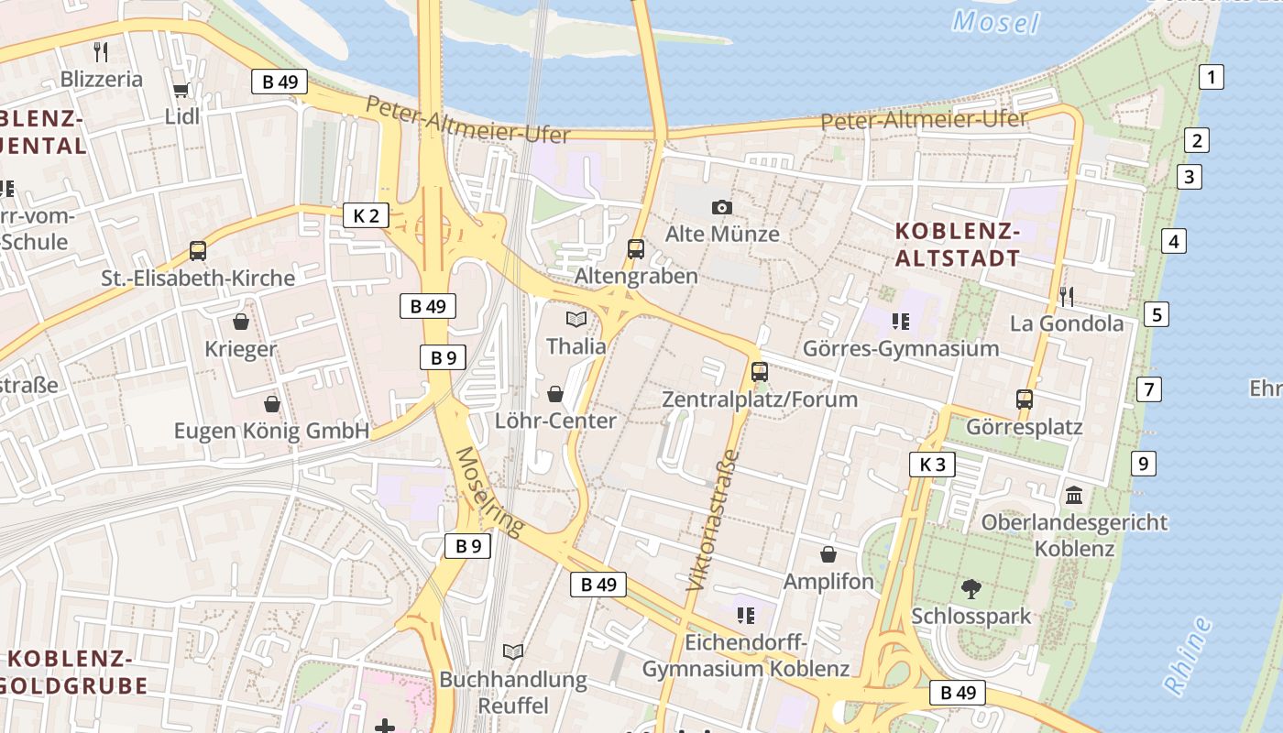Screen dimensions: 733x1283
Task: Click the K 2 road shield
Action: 366,215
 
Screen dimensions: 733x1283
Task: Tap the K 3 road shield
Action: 932,465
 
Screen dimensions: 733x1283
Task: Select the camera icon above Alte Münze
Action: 722,207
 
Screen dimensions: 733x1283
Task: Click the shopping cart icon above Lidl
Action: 181,90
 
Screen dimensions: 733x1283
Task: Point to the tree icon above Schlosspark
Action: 971,588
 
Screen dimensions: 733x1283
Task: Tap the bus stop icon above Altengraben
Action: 635,248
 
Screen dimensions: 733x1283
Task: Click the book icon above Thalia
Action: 576,319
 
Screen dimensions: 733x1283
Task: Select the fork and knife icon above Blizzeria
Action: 101,51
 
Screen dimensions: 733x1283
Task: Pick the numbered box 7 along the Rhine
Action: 1148,388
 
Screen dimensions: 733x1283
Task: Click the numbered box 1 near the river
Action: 1212,77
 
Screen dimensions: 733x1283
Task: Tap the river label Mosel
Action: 996,21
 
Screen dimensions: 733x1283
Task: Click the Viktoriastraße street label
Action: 712,519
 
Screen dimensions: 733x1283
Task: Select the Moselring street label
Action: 489,491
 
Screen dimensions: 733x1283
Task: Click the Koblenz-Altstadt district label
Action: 957,245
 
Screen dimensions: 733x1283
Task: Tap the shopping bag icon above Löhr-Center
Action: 555,394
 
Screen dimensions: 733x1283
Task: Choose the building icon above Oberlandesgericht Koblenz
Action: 1074,496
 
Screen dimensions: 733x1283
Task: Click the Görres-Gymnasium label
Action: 900,348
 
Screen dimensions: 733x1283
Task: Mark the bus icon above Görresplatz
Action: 1025,399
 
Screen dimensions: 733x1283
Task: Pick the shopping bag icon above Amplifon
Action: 828,554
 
